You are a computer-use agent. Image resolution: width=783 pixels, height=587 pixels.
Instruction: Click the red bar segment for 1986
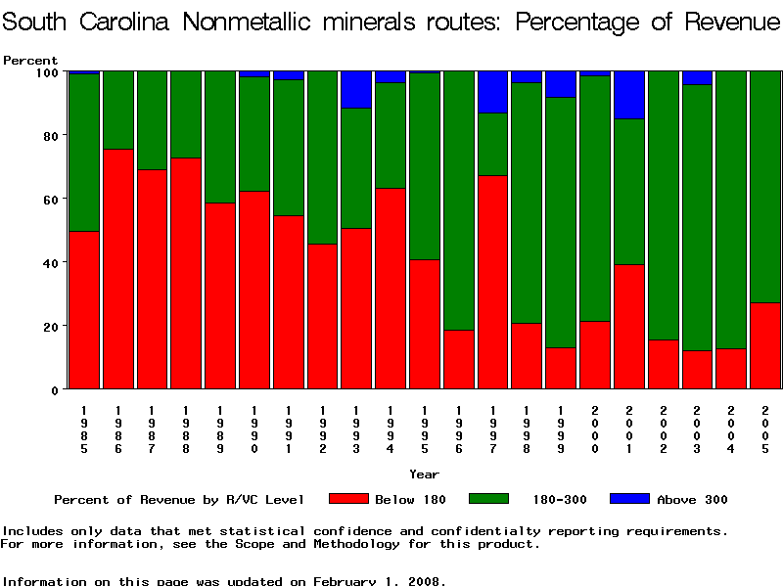click(x=118, y=269)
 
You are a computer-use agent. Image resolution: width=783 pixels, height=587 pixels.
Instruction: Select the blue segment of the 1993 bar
click(x=356, y=89)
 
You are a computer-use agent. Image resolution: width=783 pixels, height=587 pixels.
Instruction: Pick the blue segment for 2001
click(x=628, y=95)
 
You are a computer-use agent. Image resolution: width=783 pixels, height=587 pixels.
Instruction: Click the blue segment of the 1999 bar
click(x=561, y=84)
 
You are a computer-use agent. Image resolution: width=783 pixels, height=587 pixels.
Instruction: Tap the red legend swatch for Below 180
click(x=348, y=499)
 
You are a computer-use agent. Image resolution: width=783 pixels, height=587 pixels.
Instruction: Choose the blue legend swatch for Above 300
click(x=630, y=499)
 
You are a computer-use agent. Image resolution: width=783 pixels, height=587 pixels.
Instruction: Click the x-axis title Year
click(x=424, y=474)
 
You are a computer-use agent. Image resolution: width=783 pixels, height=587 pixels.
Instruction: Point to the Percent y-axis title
click(x=30, y=61)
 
